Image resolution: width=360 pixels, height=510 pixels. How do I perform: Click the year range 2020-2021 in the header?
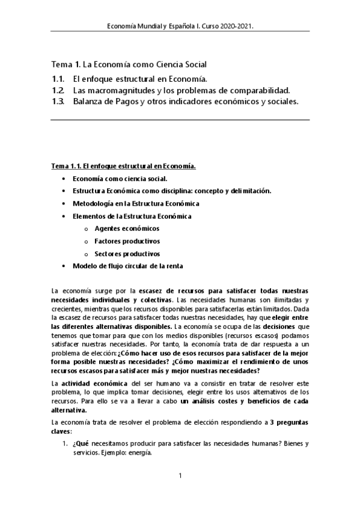pyautogui.click(x=240, y=26)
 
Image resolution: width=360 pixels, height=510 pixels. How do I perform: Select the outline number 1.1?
pyautogui.click(x=58, y=79)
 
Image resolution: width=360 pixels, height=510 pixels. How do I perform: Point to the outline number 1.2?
pyautogui.click(x=58, y=90)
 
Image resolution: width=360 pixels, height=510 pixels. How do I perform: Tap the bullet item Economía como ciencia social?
pyautogui.click(x=120, y=179)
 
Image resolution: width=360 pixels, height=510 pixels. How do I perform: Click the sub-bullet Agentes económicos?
pyautogui.click(x=127, y=229)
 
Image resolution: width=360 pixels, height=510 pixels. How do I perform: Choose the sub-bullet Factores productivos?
pyautogui.click(x=127, y=241)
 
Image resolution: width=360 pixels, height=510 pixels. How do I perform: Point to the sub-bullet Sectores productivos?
pyautogui.click(x=127, y=254)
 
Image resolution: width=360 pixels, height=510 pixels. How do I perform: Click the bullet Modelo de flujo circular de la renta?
pyautogui.click(x=127, y=266)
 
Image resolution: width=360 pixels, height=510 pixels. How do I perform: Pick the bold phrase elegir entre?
pyautogui.click(x=290, y=316)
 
